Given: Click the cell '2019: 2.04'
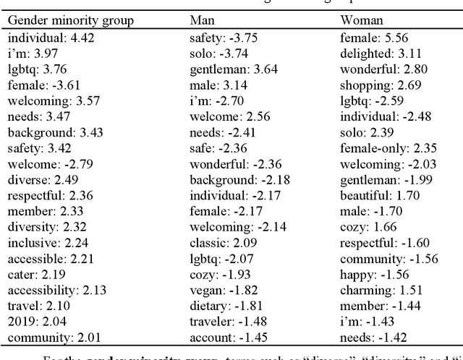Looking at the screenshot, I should [33, 320].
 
